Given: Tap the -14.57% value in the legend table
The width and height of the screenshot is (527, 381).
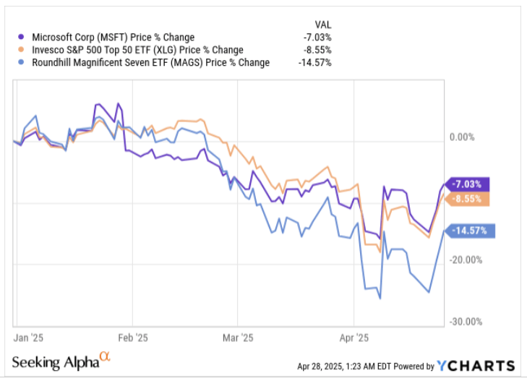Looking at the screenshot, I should coord(314,62).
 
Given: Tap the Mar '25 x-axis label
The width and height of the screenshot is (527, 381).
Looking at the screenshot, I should coord(238,337).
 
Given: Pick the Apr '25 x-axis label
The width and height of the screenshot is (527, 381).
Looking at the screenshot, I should coord(354,337).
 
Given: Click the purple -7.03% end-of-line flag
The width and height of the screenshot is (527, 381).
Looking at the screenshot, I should coord(468,184).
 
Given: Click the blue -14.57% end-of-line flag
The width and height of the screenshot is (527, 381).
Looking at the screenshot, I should coord(471,231).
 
